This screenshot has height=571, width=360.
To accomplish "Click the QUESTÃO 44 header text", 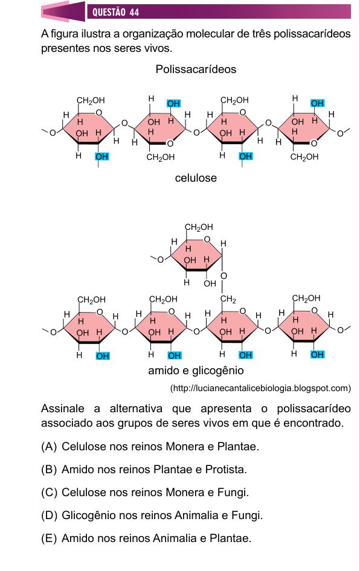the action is click(x=115, y=12).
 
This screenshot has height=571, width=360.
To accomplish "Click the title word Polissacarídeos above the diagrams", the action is click(x=196, y=69).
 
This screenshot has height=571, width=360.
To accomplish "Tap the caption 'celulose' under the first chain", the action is click(x=196, y=178).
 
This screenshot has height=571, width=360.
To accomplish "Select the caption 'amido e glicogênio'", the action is click(x=196, y=371).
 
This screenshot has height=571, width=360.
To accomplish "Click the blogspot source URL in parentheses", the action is click(x=260, y=389).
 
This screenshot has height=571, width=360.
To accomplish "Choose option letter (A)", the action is click(x=49, y=447).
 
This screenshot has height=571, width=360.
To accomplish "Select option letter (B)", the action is click(x=49, y=470).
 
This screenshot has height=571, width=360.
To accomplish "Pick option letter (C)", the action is click(x=49, y=493).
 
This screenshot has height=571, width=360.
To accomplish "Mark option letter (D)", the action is click(x=49, y=515).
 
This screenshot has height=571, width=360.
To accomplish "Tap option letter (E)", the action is click(x=49, y=538).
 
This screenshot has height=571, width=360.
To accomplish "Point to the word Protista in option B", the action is click(x=226, y=470).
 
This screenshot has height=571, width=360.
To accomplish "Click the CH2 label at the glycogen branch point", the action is click(x=228, y=299).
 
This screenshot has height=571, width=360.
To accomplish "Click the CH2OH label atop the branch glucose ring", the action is click(x=199, y=227).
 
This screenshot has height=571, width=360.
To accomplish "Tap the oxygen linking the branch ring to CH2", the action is click(x=223, y=276).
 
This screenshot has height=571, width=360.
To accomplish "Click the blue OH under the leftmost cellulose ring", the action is click(x=101, y=156).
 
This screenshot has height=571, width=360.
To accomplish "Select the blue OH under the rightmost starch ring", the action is click(x=317, y=355).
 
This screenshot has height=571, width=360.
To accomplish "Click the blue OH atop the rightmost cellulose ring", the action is click(x=317, y=103).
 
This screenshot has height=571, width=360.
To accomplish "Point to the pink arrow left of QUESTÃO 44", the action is click(x=63, y=11).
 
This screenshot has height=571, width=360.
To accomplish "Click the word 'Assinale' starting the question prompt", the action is click(x=63, y=409).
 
